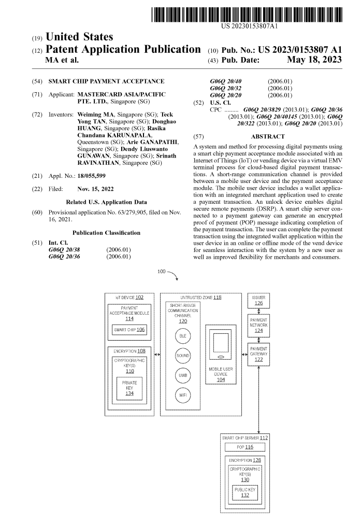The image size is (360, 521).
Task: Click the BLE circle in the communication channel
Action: tap(183, 336)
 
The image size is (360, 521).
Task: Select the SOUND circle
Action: tap(183, 356)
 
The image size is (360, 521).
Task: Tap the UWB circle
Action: tap(183, 375)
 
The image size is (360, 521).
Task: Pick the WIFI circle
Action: tap(183, 395)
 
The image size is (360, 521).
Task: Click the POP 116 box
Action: tap(244, 446)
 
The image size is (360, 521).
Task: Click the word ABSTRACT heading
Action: tap(267, 136)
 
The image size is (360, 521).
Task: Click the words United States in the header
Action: tap(83, 37)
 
